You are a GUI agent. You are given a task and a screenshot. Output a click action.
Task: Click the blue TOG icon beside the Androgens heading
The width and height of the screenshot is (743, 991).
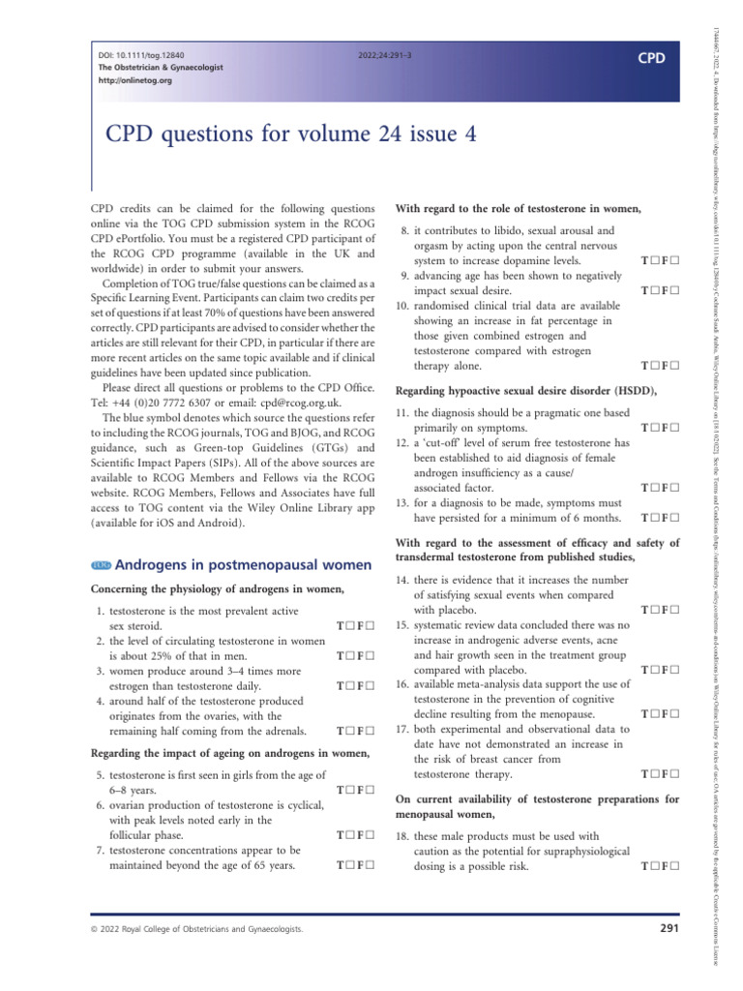pos(101,565)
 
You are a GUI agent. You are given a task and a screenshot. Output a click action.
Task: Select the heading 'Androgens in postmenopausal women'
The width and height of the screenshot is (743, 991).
pos(243,565)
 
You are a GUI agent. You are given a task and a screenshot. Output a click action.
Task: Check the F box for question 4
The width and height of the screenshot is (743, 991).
pos(369,732)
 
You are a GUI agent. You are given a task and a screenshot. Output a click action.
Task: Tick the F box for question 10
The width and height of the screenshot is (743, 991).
pos(672,367)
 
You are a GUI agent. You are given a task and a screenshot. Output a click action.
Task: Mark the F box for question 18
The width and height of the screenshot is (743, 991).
pos(672,865)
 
